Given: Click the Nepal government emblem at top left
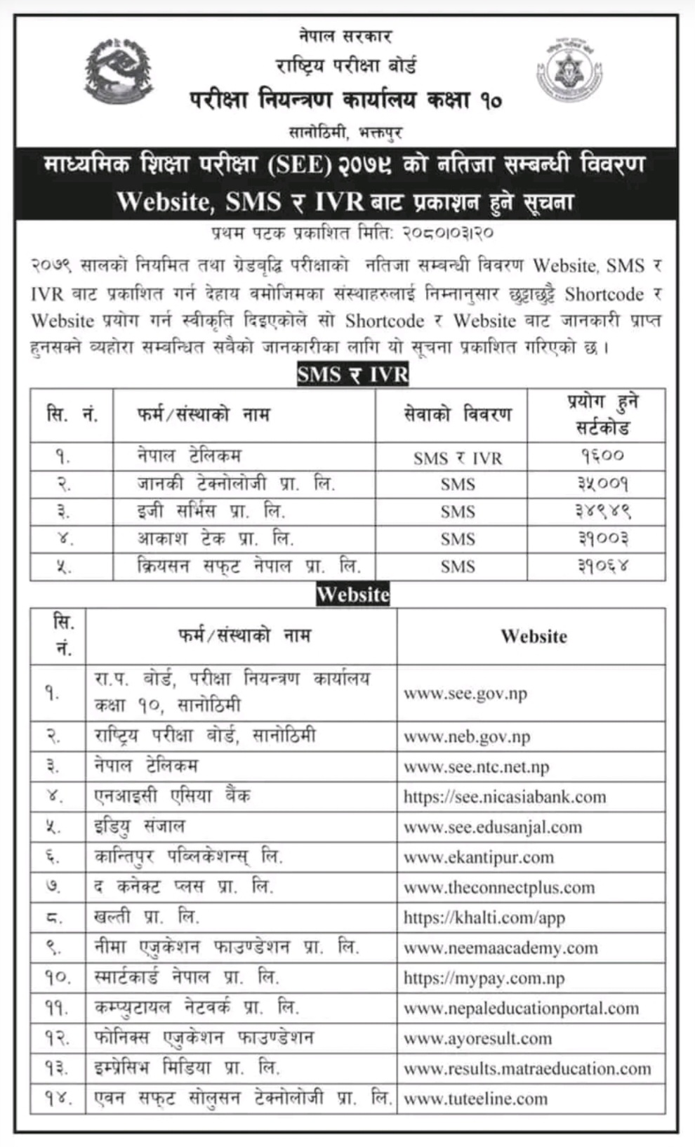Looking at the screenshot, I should [x=118, y=72].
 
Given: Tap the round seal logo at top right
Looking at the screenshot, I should [x=569, y=72].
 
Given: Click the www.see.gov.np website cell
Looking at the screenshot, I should [x=465, y=694].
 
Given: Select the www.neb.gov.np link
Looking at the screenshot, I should [x=467, y=737].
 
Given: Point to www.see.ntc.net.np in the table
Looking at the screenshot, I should [x=476, y=767].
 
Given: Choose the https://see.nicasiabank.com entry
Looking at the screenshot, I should [x=504, y=797].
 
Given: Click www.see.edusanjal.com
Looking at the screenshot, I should [x=493, y=827].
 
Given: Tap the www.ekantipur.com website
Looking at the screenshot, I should [x=479, y=857].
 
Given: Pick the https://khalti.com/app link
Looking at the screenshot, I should [x=484, y=917].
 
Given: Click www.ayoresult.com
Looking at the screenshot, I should [x=478, y=1038].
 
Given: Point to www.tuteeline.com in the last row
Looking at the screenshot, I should [x=475, y=1099].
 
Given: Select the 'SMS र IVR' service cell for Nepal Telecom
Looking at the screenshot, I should [x=458, y=458].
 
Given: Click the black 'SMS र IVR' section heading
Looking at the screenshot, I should [x=352, y=374].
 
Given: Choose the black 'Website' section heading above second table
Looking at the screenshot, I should [x=352, y=595].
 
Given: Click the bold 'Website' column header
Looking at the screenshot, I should [x=534, y=637].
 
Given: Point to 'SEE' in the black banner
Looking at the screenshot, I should [x=298, y=166].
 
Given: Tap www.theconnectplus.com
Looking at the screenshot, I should [x=499, y=887].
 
